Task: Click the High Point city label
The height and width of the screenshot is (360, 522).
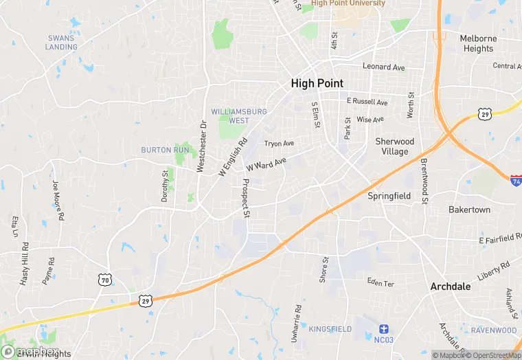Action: coord(317,83)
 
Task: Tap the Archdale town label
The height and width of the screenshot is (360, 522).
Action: coord(451,286)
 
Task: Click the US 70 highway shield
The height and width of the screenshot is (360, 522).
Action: coord(104,280)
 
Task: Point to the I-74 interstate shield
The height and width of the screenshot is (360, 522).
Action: coord(516,180)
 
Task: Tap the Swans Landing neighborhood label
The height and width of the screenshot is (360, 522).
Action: coord(61,43)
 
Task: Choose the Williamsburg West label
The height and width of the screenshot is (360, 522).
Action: coord(230,115)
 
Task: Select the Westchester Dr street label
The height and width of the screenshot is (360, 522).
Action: coord(202,146)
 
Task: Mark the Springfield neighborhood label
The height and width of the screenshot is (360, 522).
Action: coord(389,196)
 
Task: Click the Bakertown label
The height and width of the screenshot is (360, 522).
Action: coord(469,209)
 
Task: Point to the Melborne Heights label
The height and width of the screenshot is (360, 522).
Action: coord(478,43)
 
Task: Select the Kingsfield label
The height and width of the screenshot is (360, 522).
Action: coord(330,330)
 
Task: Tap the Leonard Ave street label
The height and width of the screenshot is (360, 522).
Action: coord(384,67)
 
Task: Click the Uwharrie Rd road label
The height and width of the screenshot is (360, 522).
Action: coord(295,324)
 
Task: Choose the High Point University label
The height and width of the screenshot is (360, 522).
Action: coord(348,3)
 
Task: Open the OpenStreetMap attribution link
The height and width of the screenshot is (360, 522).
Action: coord(492,355)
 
